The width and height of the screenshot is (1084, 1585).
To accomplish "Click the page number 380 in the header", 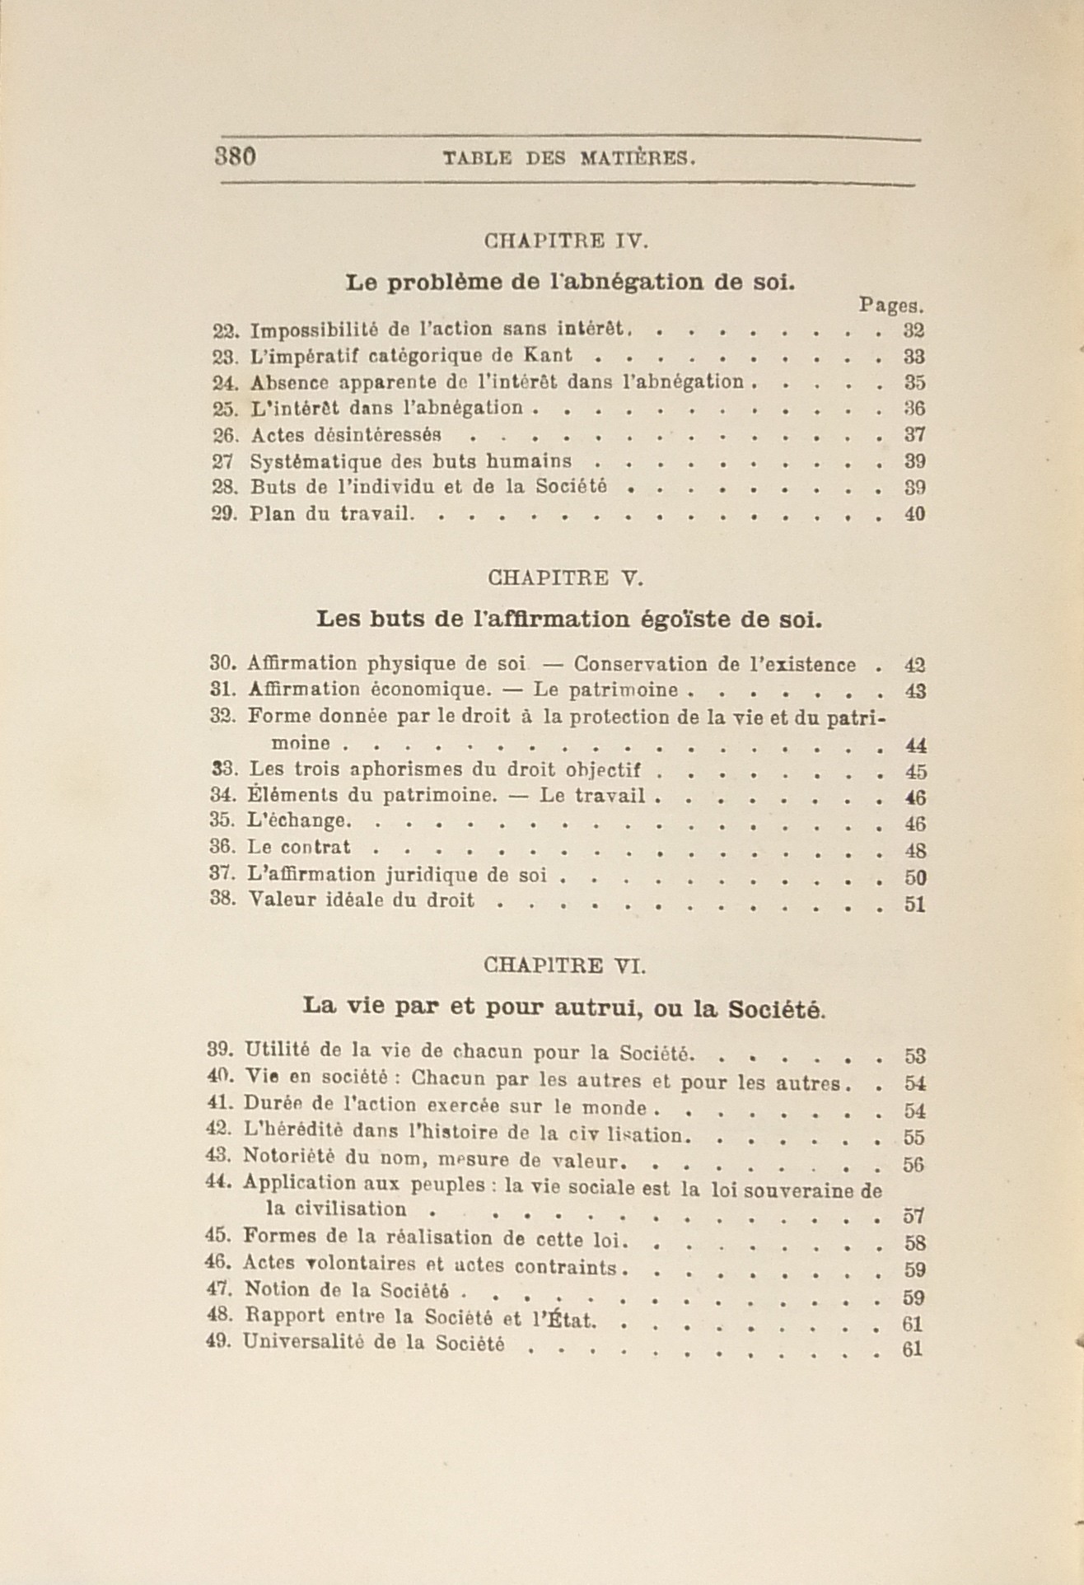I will pos(236,156).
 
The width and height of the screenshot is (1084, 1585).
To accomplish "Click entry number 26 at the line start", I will pos(224,434).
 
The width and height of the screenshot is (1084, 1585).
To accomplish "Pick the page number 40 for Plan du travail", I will pos(914,514).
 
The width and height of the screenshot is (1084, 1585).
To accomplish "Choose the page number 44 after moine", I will pos(915,746).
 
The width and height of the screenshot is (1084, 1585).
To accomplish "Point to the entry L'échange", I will pos(301,821).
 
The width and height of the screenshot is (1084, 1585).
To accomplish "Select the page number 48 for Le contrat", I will pos(915,850).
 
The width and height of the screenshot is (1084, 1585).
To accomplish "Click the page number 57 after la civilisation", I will pos(913,1216).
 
